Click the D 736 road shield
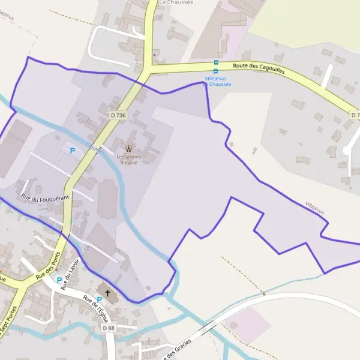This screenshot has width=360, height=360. click(118, 115)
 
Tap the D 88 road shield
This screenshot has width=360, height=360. click(108, 328)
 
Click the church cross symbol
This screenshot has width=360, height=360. click(108, 293)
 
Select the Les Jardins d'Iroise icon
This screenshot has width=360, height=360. click(128, 149)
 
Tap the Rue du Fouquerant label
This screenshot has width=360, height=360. click(45, 197)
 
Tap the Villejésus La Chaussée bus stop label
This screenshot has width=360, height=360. click(218, 81)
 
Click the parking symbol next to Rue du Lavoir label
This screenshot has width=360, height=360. click(59, 280)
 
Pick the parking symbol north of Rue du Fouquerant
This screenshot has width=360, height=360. click(73, 151)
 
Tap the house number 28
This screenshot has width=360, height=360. click(87, 247)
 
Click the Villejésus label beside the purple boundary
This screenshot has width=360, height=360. click(315, 208)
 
